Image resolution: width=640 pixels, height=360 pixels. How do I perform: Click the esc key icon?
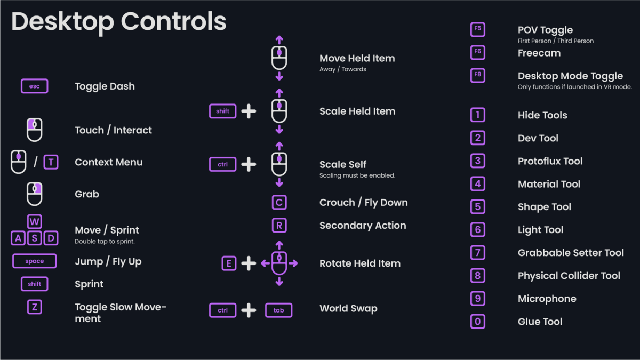click(x=35, y=86)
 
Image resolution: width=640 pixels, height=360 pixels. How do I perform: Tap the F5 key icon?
click(x=477, y=29)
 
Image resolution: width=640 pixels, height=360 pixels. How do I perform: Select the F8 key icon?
click(x=477, y=75)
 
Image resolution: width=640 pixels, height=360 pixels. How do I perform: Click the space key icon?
click(x=35, y=261)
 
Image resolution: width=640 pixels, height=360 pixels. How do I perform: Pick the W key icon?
click(x=35, y=222)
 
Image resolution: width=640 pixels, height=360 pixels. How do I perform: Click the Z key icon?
click(x=35, y=307)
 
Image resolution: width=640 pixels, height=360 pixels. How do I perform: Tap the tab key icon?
click(x=278, y=310)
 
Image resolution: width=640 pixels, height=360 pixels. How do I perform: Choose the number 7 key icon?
click(x=477, y=253)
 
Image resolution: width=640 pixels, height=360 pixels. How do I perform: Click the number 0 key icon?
click(x=477, y=322)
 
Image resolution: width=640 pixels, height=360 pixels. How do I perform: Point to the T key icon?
click(x=51, y=162)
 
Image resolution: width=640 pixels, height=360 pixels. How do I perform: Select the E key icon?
click(x=229, y=263)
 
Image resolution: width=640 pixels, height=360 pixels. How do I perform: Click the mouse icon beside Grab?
click(x=35, y=194)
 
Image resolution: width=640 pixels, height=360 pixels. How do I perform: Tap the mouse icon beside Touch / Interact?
click(x=35, y=130)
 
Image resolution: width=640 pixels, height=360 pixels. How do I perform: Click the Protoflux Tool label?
click(x=550, y=161)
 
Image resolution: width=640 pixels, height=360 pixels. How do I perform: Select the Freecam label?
click(x=539, y=53)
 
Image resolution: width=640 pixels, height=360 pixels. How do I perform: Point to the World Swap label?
click(x=348, y=308)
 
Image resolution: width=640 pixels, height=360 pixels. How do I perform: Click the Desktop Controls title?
click(x=119, y=22)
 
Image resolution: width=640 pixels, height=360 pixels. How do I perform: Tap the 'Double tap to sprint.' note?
click(x=105, y=242)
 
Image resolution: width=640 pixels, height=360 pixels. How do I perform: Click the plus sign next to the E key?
click(x=249, y=263)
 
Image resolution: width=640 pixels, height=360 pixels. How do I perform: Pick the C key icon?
click(x=279, y=203)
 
